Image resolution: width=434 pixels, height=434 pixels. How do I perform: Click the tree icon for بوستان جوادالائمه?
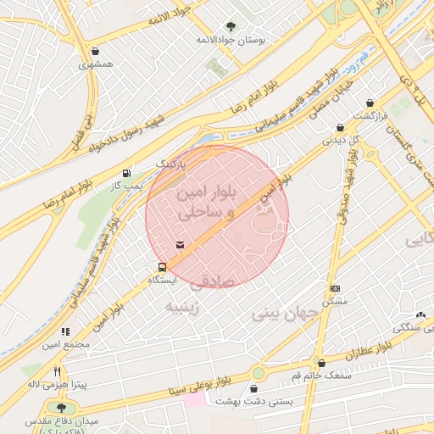click(231, 26)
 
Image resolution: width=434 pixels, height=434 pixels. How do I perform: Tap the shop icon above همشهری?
click(94, 51)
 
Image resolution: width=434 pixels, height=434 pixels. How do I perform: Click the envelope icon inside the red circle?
click(180, 245)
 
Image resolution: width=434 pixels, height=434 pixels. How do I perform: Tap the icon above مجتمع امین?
click(64, 332)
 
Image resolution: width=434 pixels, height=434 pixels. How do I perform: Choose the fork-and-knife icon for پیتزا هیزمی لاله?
click(57, 371)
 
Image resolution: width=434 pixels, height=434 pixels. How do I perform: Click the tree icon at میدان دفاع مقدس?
click(59, 408)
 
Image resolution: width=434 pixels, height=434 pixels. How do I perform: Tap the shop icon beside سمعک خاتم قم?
click(320, 362)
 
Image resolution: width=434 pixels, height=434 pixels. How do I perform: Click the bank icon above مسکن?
click(335, 289)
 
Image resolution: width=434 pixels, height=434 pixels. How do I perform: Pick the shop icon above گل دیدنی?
click(340, 126)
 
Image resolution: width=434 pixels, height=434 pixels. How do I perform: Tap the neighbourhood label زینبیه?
click(182, 306)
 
